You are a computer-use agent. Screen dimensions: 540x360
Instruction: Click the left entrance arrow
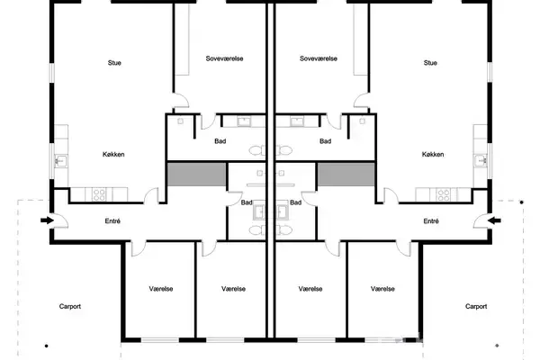(47, 220)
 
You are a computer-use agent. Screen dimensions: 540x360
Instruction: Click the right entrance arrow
(494, 220)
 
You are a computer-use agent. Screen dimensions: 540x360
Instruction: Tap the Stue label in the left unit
(114, 63)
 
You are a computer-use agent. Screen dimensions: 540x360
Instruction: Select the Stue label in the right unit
(430, 63)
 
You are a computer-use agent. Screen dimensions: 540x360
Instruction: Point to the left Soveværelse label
(224, 58)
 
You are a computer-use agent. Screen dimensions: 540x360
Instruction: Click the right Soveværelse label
(319, 58)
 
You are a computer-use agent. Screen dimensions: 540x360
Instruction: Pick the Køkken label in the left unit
(113, 154)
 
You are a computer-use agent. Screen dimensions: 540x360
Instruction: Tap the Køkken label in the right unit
(433, 154)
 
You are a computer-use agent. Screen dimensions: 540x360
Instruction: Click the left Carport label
(70, 306)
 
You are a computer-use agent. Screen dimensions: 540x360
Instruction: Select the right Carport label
(476, 306)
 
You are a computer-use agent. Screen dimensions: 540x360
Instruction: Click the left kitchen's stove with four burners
(99, 194)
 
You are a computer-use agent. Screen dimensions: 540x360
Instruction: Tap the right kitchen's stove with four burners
(443, 194)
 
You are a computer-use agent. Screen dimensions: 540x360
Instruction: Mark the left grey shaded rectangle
(196, 175)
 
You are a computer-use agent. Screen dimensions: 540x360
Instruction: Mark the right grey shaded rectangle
(346, 175)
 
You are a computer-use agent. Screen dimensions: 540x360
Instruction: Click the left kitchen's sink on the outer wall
(60, 161)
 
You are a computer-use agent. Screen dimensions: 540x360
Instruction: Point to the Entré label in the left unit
(112, 221)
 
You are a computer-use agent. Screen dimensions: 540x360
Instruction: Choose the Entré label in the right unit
(431, 221)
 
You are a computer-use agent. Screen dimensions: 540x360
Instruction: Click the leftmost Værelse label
(161, 289)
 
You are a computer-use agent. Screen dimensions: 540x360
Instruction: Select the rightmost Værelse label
(382, 289)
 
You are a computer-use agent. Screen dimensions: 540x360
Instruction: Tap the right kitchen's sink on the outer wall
(481, 161)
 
